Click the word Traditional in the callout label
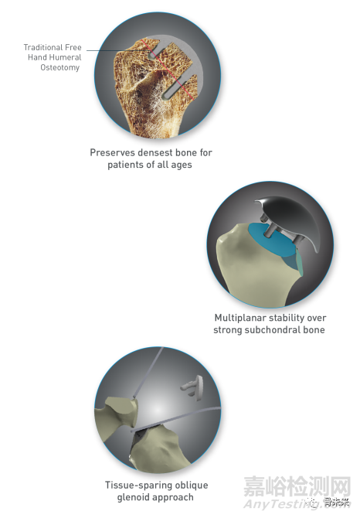[x=43, y=47]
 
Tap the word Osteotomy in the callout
[x=60, y=68]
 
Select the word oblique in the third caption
[x=192, y=486]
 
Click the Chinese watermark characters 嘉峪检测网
[x=297, y=486]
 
